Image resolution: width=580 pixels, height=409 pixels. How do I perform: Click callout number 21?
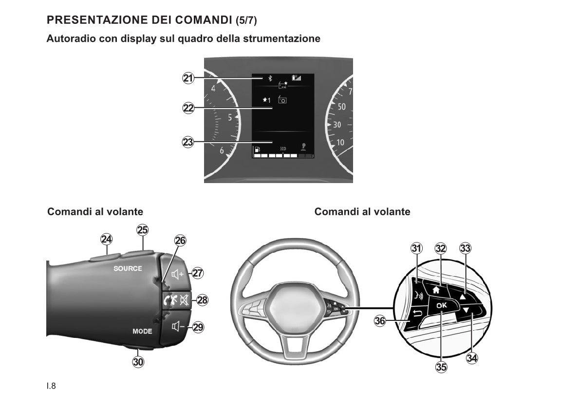point(188,78)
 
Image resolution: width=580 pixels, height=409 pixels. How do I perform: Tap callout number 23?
point(188,142)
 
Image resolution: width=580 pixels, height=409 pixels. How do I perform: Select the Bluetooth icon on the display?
point(270,78)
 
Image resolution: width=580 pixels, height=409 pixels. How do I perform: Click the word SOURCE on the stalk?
point(128,268)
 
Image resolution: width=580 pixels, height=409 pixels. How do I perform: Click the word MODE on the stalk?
point(142,332)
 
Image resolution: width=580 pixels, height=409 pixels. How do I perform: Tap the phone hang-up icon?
point(171,300)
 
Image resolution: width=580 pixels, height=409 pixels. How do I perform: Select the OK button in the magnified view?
point(442,305)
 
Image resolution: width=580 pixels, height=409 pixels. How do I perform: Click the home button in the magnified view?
point(436,290)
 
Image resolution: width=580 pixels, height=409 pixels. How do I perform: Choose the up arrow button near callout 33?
point(462,296)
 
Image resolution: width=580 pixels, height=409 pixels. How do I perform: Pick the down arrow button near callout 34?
point(466,310)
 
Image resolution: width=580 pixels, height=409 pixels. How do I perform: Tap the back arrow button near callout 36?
point(417,315)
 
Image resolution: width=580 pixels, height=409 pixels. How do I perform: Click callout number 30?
point(138,362)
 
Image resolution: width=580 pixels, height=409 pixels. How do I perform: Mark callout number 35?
point(441,367)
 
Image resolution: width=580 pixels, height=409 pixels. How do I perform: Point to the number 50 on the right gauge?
point(342,107)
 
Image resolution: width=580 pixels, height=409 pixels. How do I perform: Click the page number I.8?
point(52,386)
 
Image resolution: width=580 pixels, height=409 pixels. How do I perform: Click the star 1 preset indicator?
point(267,100)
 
